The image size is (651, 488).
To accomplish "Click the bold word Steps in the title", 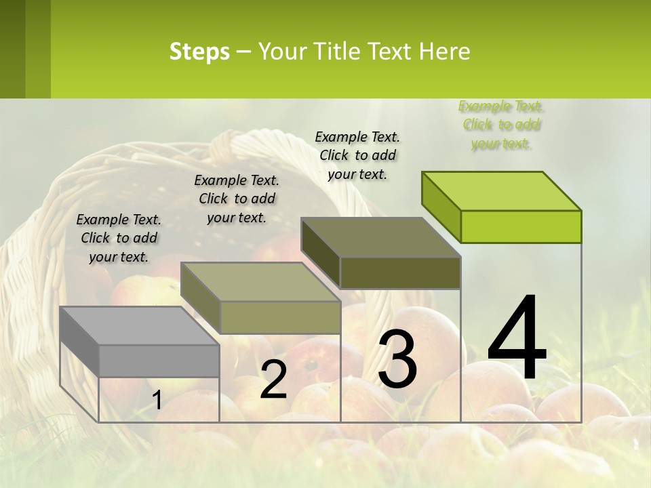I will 199,52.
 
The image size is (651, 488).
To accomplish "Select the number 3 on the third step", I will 397,359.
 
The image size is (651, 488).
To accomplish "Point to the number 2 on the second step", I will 273,380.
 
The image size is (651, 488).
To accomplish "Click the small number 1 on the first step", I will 157,401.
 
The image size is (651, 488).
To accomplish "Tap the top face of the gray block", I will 139,326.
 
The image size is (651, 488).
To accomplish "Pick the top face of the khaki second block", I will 260,282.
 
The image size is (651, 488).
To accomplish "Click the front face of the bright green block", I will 521,226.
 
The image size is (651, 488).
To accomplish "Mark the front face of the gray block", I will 159,361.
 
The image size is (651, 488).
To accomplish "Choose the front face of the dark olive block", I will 400,273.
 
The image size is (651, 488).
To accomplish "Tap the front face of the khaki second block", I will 280,317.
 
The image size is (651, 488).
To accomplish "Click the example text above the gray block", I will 119,238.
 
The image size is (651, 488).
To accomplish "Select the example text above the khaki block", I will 237,199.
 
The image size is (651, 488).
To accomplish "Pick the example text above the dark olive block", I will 357,155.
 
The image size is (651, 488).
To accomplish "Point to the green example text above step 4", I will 501,125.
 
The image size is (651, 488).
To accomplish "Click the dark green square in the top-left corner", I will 25,49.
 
